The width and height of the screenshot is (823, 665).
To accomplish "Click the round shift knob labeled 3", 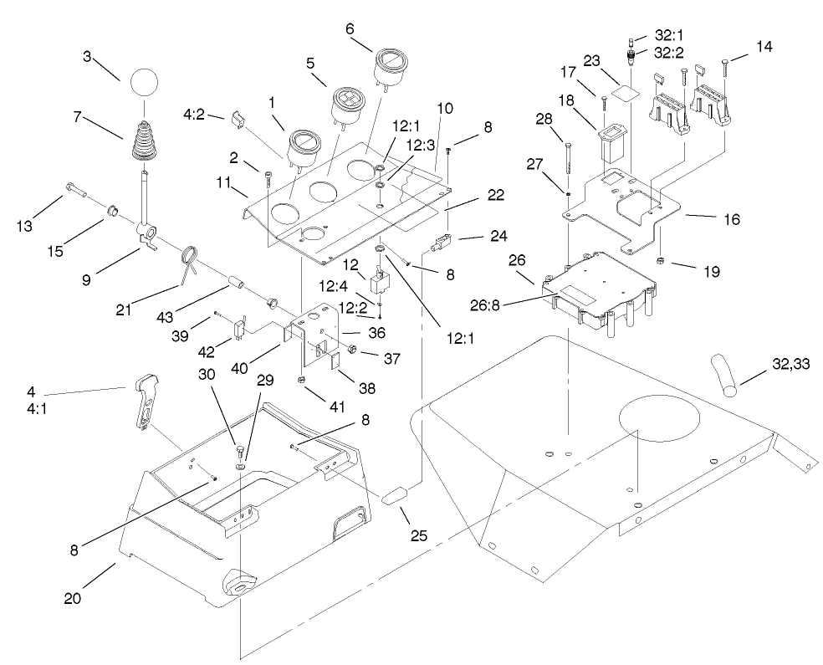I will (142, 84).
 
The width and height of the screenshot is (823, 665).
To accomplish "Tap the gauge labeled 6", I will (389, 66).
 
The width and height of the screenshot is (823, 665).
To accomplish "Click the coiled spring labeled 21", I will (190, 258).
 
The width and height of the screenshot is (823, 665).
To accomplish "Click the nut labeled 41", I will (300, 381).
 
